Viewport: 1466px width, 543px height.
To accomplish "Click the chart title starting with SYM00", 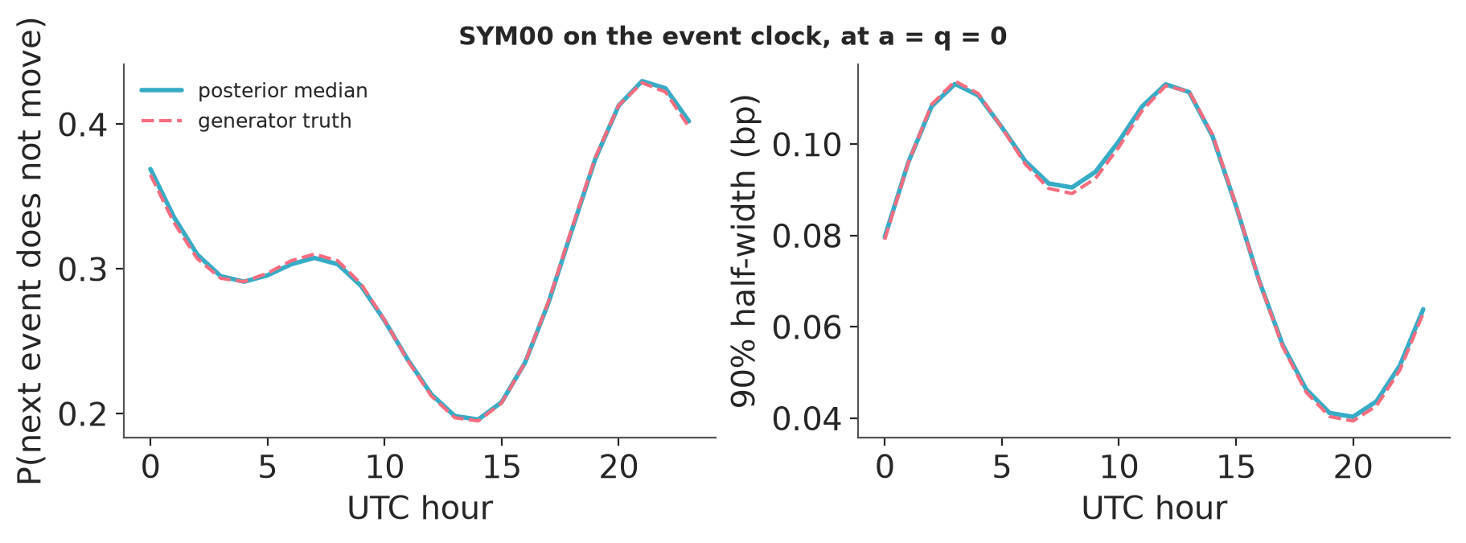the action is point(733,36).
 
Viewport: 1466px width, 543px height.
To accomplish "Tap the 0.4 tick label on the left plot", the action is point(85,124).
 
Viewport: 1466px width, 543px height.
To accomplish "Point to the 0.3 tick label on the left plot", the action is point(85,269).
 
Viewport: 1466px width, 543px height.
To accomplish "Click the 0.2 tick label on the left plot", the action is point(85,413).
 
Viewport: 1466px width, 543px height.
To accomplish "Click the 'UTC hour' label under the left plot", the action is point(420,508).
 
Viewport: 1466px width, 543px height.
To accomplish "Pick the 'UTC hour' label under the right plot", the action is point(1154,508).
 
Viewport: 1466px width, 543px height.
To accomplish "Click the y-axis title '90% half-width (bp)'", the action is point(744,251).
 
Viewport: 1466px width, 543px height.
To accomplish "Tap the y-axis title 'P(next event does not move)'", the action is point(31,251).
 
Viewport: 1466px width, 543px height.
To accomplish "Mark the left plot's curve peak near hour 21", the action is point(642,81).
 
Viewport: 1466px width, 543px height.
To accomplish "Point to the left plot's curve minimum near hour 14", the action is point(478,420).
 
